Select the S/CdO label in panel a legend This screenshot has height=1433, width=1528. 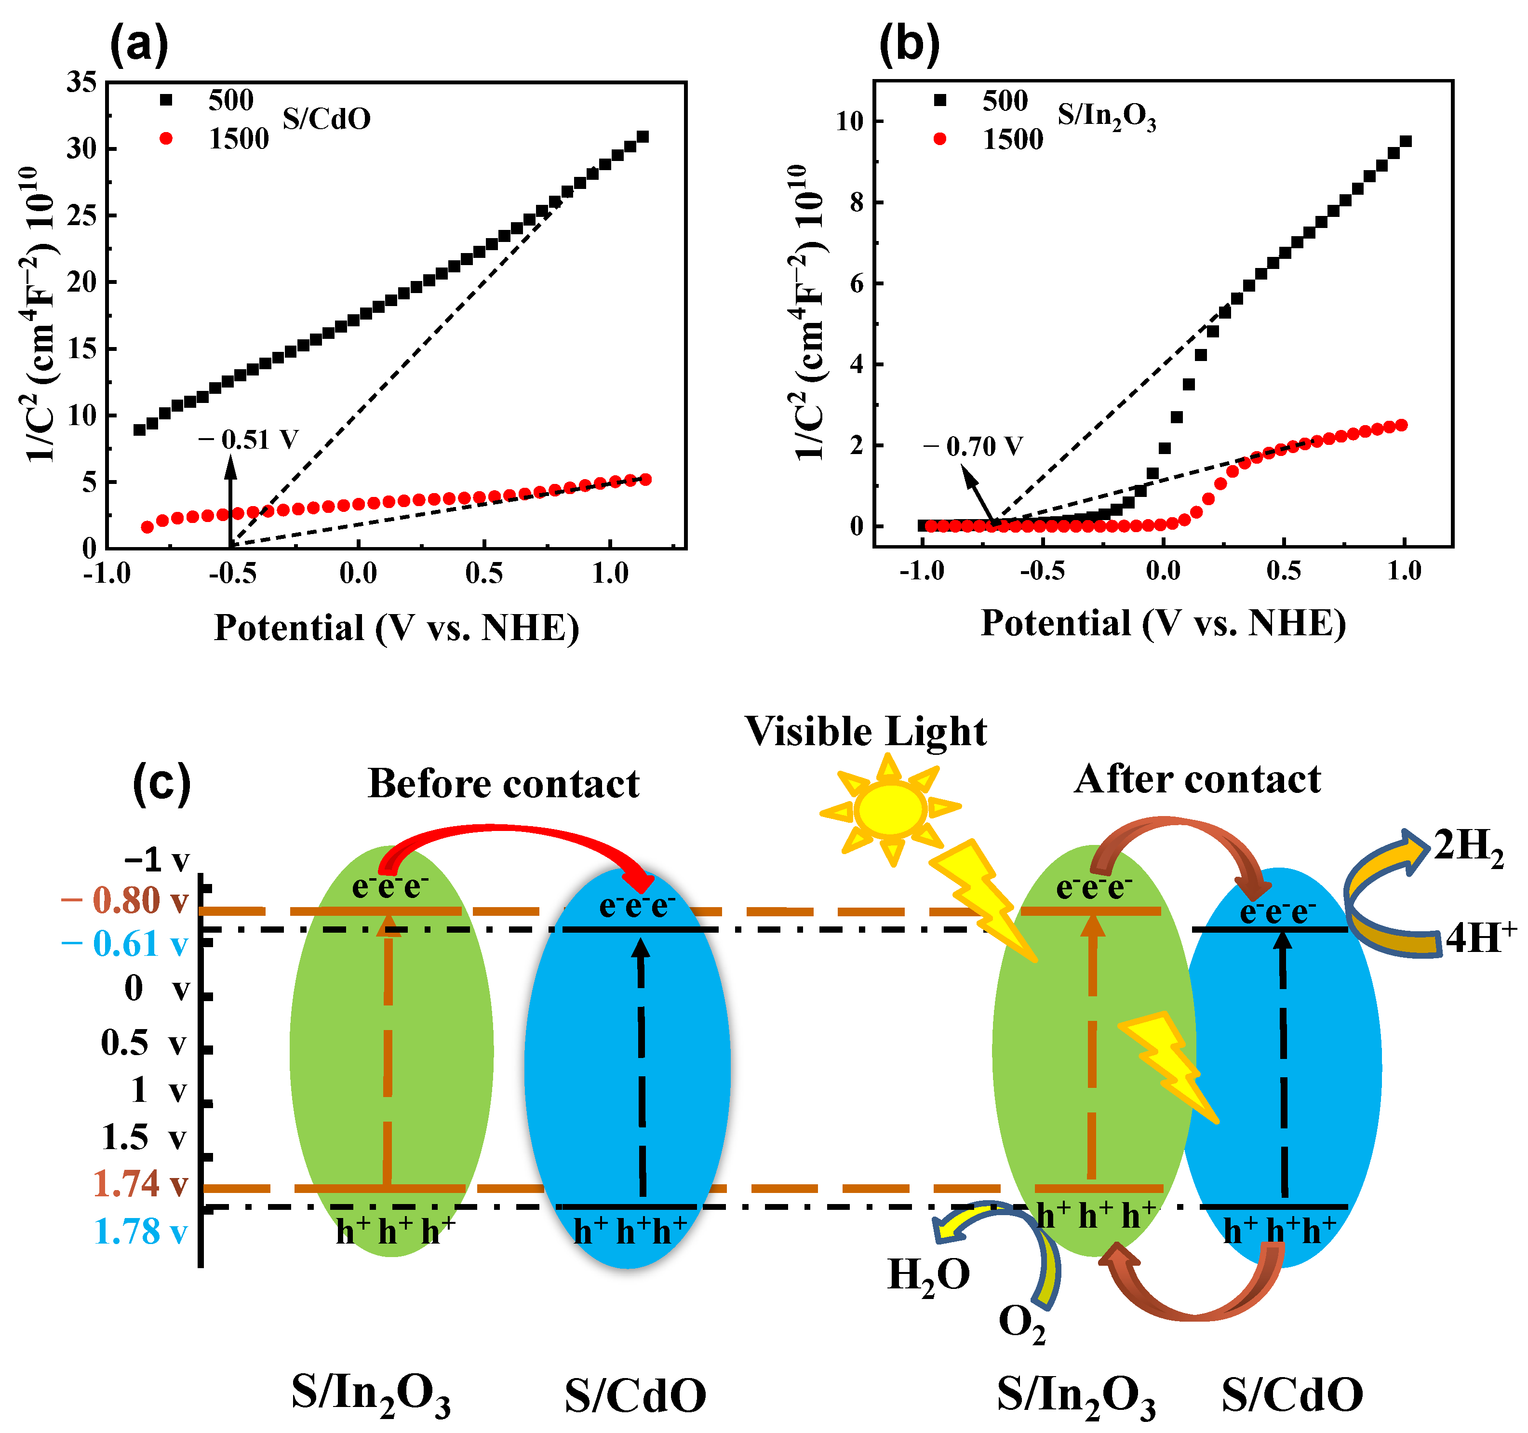coord(326,119)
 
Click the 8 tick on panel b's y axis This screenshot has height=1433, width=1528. coord(855,202)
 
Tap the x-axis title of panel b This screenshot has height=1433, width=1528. coord(1163,623)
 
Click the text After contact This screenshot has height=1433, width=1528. coord(1197,779)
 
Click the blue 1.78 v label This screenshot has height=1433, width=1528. coord(140,1232)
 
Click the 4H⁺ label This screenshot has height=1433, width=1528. coord(1480,938)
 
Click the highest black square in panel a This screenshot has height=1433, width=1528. coord(643,137)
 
